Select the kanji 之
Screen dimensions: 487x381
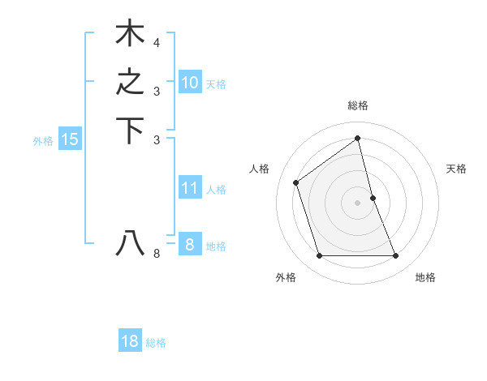(x=130, y=83)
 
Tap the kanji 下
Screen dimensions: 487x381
(x=130, y=131)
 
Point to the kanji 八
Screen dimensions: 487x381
(x=130, y=243)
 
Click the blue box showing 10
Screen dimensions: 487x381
(x=189, y=83)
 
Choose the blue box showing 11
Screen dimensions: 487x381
(x=189, y=188)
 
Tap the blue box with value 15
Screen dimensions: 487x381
(x=70, y=139)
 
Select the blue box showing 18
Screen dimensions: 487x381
(x=130, y=341)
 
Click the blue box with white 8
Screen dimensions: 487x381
(x=189, y=244)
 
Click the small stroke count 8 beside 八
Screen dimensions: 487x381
(x=157, y=255)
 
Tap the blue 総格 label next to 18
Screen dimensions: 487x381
(x=156, y=343)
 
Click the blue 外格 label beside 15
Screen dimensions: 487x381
(x=43, y=141)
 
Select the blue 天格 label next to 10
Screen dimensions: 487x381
(x=216, y=83)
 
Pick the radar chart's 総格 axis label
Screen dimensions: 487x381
(x=358, y=105)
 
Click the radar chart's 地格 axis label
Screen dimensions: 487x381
(x=425, y=277)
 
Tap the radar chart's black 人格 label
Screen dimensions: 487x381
(x=260, y=169)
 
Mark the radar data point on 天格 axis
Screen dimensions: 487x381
(x=373, y=198)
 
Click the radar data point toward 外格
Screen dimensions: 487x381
(x=319, y=256)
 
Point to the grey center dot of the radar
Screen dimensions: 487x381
(x=358, y=203)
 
